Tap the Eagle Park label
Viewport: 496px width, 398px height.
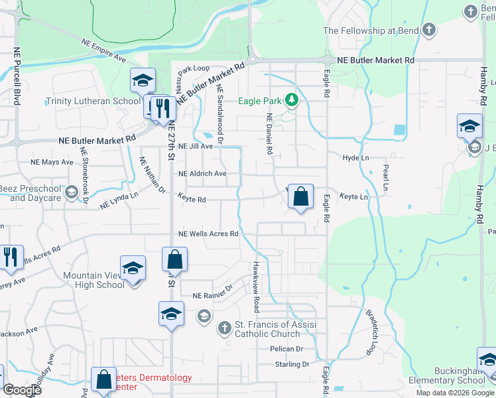pyautogui.click(x=261, y=101)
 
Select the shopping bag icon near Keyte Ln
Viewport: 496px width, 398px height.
pyautogui.click(x=300, y=196)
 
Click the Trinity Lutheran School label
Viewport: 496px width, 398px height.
pyautogui.click(x=93, y=101)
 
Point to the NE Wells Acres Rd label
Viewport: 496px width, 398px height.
pyautogui.click(x=208, y=234)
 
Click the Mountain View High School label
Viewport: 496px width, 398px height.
pyautogui.click(x=93, y=280)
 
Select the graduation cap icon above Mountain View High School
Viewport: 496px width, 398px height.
pyautogui.click(x=133, y=268)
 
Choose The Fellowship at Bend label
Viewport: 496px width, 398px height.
pyautogui.click(x=371, y=31)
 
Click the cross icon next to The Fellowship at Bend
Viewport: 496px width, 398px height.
pyautogui.click(x=428, y=30)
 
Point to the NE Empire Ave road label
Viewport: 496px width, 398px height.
pyautogui.click(x=103, y=50)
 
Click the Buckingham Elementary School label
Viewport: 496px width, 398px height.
pyautogui.click(x=460, y=375)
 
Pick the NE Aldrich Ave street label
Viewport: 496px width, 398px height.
pyautogui.click(x=202, y=174)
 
